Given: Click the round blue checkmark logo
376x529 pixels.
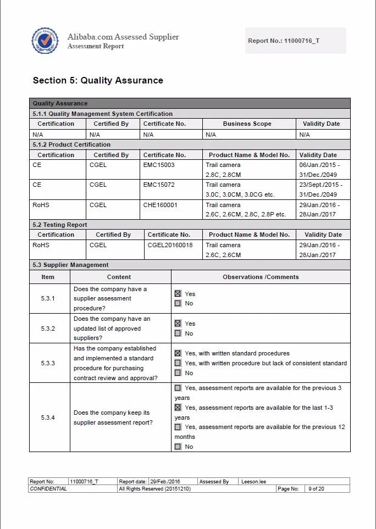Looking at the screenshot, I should tap(45, 41).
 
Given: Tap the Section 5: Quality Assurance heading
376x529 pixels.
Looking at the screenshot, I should tap(98, 80).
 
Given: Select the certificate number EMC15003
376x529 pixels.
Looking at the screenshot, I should tap(159, 165).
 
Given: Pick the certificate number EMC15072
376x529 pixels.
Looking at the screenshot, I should tap(159, 185).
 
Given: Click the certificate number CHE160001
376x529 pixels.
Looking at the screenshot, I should tap(161, 205).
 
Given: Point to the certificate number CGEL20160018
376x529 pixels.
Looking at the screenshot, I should tap(170, 245).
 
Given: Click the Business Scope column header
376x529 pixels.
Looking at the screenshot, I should tap(247, 124).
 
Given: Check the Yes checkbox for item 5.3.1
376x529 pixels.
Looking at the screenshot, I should tap(178, 294).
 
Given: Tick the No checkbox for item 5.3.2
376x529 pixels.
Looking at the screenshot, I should tap(178, 333).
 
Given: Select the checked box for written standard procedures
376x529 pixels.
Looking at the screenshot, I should tap(178, 353).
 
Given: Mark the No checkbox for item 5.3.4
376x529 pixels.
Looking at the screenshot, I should tap(178, 447).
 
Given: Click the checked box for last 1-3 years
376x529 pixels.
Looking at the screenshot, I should tap(178, 408).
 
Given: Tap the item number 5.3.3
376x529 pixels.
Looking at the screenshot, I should tap(48, 363).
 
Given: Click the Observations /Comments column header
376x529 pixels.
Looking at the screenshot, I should tap(261, 277).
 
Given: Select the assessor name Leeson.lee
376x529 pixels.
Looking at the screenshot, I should tap(253, 482).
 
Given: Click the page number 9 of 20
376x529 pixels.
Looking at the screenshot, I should tap(316, 488).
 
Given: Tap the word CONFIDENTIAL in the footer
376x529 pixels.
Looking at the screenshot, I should tap(48, 488).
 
